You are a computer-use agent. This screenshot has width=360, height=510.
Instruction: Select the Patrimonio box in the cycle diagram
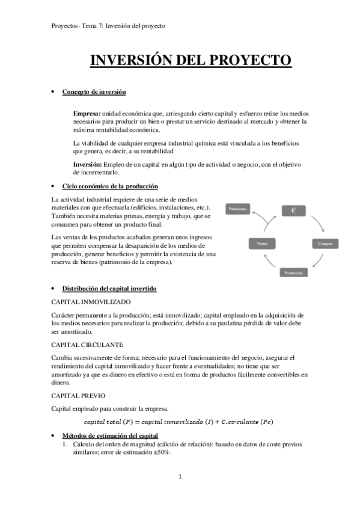(x=240, y=209)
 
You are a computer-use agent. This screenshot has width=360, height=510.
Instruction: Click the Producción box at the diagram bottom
(x=294, y=272)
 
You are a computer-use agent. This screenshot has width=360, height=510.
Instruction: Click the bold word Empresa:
(x=87, y=113)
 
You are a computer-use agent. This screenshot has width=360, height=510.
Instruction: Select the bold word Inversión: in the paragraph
(x=87, y=164)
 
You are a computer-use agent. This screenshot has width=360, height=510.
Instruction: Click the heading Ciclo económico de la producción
(x=110, y=186)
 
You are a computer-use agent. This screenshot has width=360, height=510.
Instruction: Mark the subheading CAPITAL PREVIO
(x=79, y=397)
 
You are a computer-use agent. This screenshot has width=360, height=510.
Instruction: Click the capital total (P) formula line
(x=178, y=422)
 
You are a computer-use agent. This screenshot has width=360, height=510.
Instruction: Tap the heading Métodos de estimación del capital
(x=110, y=435)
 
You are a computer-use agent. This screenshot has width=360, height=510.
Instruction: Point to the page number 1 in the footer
(x=180, y=477)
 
